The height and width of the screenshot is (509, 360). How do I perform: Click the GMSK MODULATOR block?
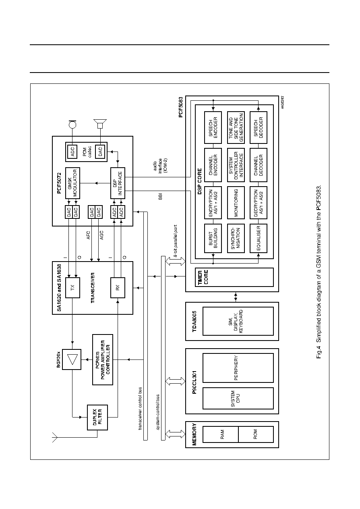72,183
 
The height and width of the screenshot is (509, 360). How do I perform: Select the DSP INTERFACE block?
118,183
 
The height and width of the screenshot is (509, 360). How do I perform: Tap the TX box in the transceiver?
72,287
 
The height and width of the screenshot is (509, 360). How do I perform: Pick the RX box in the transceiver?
118,287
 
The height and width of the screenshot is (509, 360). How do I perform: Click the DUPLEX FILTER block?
97,418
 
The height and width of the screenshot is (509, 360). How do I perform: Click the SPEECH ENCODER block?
213,127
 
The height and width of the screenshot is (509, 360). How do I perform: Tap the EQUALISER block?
258,238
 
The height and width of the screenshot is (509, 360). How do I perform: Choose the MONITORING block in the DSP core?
236,203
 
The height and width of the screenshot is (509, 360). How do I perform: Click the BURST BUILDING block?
213,238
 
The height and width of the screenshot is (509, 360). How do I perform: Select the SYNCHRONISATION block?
236,238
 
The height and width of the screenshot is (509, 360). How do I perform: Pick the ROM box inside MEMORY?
256,434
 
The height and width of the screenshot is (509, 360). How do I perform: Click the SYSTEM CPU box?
238,398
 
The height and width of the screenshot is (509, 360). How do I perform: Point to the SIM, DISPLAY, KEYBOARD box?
238,321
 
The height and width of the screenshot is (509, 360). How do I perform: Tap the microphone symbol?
72,125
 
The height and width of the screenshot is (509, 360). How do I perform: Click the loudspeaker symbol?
100,124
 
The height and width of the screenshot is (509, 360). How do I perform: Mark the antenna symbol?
55,437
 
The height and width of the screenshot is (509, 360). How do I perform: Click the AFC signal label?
88,235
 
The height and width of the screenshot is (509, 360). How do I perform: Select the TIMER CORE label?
203,277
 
